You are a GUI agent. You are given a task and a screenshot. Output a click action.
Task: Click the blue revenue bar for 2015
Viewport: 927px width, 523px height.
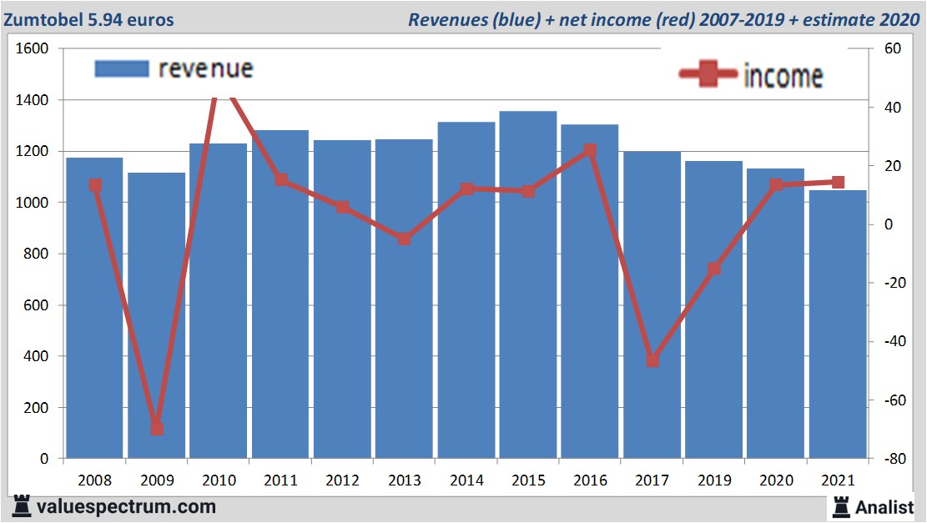click(x=528, y=284)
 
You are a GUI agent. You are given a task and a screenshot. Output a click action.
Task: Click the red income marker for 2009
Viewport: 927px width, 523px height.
click(x=156, y=429)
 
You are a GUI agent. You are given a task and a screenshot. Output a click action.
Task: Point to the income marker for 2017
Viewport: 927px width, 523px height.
click(x=652, y=360)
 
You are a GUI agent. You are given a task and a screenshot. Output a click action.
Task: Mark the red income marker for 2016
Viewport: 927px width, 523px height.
click(x=590, y=150)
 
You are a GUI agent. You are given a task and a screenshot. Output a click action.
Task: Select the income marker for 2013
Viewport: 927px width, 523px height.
click(x=404, y=239)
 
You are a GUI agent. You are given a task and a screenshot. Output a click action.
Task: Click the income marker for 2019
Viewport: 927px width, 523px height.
click(x=714, y=269)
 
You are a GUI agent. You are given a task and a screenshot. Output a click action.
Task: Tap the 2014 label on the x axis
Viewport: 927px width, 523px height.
click(x=466, y=481)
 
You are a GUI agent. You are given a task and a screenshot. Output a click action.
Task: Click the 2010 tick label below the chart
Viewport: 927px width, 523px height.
click(x=219, y=481)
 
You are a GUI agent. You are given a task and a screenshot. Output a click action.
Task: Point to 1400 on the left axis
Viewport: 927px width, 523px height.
click(x=33, y=100)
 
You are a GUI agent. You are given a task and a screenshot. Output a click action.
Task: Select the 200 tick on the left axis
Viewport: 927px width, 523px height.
click(x=38, y=408)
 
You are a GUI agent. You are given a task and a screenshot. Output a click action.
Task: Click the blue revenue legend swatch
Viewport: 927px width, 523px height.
click(x=122, y=68)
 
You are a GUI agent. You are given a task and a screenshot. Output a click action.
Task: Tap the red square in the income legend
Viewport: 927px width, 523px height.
click(x=709, y=75)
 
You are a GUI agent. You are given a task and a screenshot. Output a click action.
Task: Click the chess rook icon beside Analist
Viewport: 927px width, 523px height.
click(x=840, y=506)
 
